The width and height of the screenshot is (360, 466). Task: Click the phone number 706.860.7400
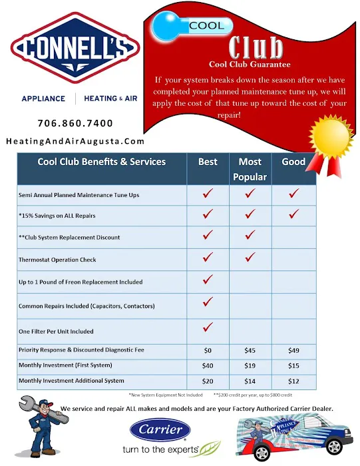pyautogui.click(x=75, y=123)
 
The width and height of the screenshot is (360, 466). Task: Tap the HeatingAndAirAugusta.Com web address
pyautogui.click(x=75, y=141)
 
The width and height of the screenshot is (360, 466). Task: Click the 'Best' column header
pyautogui.click(x=208, y=162)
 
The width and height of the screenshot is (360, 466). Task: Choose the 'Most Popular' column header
pyautogui.click(x=250, y=169)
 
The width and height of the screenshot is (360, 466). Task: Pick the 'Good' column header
pyautogui.click(x=293, y=162)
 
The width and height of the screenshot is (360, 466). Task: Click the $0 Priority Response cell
pyautogui.click(x=208, y=349)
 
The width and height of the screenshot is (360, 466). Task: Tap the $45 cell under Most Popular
pyautogui.click(x=250, y=349)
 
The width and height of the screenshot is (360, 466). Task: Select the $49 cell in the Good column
pyautogui.click(x=293, y=349)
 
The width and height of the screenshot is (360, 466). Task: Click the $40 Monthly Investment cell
pyautogui.click(x=208, y=365)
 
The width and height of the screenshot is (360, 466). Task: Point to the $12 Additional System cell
pyautogui.click(x=293, y=381)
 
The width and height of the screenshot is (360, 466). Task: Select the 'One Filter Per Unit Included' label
pyautogui.click(x=56, y=331)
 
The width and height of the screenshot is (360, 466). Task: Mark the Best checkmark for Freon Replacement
pyautogui.click(x=208, y=280)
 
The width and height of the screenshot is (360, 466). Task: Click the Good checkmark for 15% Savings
pyautogui.click(x=293, y=214)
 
